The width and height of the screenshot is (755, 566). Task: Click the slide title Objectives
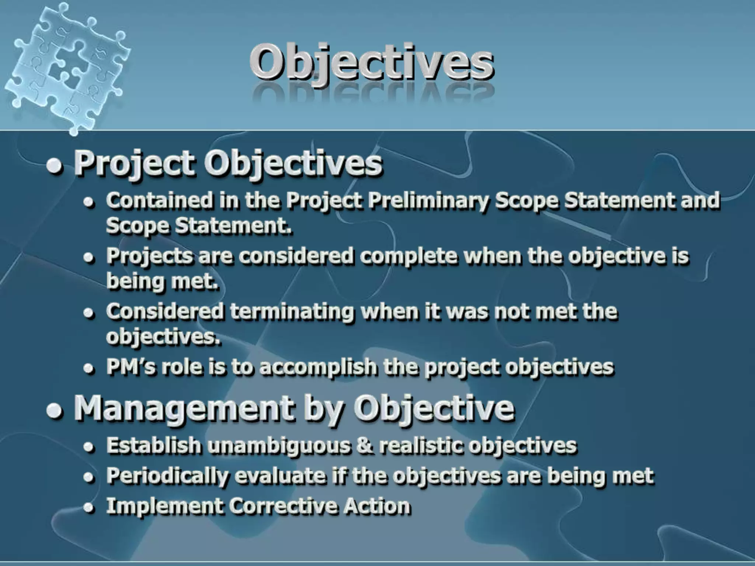point(372,62)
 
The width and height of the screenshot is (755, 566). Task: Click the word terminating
point(292,311)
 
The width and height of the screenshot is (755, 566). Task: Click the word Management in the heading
point(184,409)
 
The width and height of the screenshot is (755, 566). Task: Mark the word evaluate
point(280,476)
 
